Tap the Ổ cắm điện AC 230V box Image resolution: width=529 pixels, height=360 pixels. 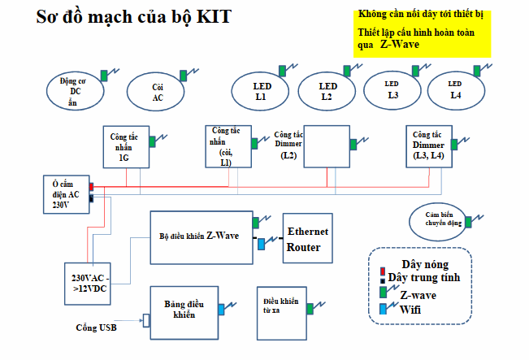coord(66,195)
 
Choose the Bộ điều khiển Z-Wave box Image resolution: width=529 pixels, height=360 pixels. coord(201,236)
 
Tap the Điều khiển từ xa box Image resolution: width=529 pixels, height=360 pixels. coord(281,308)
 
